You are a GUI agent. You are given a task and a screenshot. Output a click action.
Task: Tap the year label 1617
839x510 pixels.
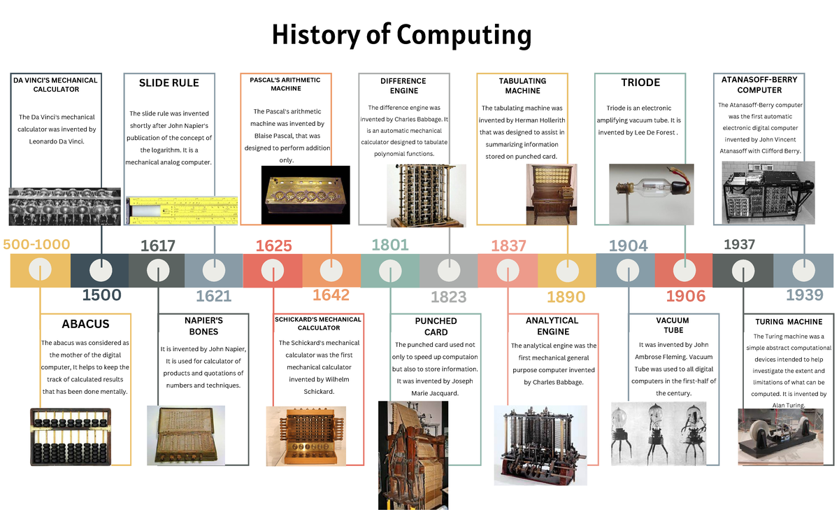point(157,246)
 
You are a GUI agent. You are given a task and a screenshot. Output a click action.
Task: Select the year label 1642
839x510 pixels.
point(331,295)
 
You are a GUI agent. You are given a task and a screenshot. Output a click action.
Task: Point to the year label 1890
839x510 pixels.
point(566,297)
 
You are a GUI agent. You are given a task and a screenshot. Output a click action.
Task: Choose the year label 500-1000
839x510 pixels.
point(37,244)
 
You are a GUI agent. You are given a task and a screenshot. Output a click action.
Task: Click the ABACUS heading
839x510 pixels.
point(85,325)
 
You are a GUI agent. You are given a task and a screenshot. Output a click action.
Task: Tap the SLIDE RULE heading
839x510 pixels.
point(168,83)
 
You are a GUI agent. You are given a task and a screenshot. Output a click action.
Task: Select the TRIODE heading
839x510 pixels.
point(640,83)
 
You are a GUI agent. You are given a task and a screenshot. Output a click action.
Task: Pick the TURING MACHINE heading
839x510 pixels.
point(789,322)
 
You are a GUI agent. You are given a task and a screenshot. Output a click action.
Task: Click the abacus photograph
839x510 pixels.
point(71,436)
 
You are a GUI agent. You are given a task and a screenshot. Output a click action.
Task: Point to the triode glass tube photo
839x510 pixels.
point(651,189)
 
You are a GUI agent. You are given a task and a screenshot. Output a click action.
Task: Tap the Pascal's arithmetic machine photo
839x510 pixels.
point(306,194)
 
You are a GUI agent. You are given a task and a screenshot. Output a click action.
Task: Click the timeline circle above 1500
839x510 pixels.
point(101,270)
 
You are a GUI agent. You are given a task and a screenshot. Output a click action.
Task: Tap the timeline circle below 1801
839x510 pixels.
point(389,270)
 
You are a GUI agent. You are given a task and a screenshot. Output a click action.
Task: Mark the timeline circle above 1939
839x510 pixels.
point(804,270)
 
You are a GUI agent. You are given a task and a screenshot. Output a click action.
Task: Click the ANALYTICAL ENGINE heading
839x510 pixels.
point(552,325)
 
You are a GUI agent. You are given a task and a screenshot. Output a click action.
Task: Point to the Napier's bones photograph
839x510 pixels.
point(185,435)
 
